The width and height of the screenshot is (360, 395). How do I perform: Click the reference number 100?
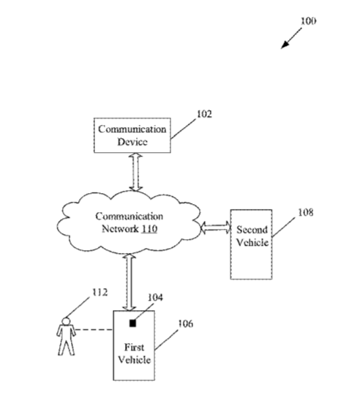click(x=308, y=21)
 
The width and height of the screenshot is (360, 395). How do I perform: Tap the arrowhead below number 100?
click(x=285, y=44)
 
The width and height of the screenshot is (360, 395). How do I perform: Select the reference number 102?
click(x=204, y=114)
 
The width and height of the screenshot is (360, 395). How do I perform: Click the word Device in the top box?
click(x=132, y=142)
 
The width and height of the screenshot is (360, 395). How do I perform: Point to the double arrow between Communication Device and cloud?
click(x=136, y=173)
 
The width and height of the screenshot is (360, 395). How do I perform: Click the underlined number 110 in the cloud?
click(x=149, y=229)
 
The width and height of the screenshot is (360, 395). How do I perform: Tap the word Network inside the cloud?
click(x=120, y=229)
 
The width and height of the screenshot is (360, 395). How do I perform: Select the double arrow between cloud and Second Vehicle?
click(x=216, y=227)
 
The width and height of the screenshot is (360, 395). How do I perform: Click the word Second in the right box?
click(x=252, y=230)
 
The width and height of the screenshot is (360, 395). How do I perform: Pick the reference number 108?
click(x=306, y=213)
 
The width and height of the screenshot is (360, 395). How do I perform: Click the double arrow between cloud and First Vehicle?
click(x=130, y=282)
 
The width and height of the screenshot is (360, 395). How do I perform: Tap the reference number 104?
click(x=155, y=298)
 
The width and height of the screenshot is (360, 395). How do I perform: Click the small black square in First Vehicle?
click(x=132, y=323)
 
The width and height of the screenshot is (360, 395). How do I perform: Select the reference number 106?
click(x=186, y=324)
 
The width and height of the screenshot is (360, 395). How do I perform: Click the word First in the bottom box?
click(x=135, y=347)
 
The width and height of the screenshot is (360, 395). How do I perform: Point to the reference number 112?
click(x=100, y=292)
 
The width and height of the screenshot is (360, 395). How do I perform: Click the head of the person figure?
click(x=66, y=321)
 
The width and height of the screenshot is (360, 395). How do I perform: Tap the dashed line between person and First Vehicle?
click(x=94, y=329)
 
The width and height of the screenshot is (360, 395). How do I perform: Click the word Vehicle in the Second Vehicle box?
click(x=252, y=242)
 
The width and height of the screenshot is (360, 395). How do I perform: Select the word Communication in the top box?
click(x=132, y=129)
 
